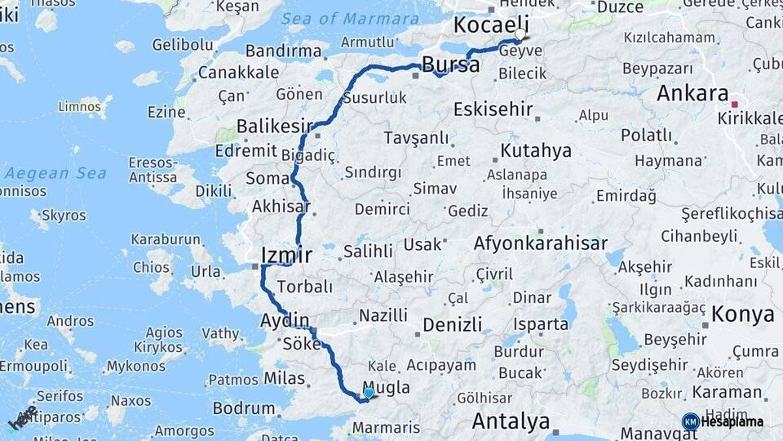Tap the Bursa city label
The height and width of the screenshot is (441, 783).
[451, 65]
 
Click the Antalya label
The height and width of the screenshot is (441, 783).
[511, 421]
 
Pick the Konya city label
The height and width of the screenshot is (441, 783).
[742, 314]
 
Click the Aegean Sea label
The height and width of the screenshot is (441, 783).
[55, 173]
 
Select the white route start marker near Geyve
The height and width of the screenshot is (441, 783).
[520, 35]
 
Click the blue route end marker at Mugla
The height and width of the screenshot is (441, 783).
[369, 393]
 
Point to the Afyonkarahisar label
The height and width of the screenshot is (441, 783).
[540, 243]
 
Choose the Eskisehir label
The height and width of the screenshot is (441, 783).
[493, 109]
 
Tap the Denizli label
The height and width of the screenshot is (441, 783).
[452, 325]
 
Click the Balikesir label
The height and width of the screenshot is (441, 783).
[275, 126]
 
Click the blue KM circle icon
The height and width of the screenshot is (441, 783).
[690, 421]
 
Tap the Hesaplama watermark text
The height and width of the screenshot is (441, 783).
[732, 422]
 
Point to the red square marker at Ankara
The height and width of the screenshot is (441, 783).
[734, 105]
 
